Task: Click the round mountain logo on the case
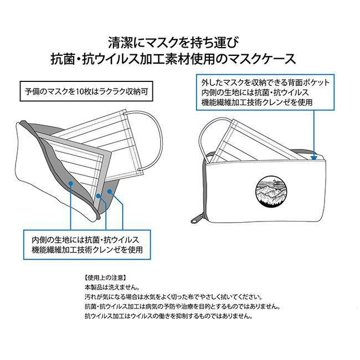pos(271,192)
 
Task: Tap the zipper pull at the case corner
pos(195,219)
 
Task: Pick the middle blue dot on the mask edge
pos(98,196)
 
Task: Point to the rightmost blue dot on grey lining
pos(110,191)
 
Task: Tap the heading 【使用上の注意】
pos(105,278)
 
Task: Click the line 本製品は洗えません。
pos(112,287)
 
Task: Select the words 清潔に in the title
pos(125,43)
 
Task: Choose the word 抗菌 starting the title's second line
pos(61,59)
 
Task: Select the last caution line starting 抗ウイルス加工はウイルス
pos(169,316)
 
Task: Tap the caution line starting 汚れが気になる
pos(173,297)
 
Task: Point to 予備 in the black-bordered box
pos(30,92)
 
